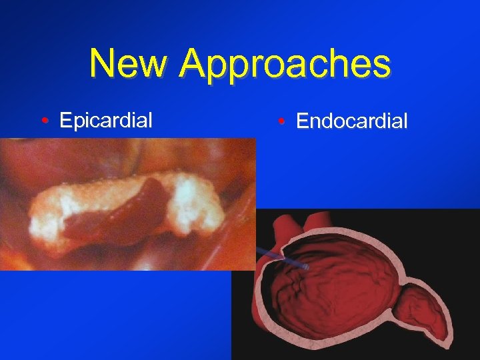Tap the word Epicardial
(106, 120)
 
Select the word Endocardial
(351, 121)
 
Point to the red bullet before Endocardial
(283, 122)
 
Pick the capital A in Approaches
(193, 64)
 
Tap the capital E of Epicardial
(65, 120)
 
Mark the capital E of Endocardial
(303, 121)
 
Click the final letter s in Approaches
(381, 65)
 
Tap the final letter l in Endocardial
(404, 121)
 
